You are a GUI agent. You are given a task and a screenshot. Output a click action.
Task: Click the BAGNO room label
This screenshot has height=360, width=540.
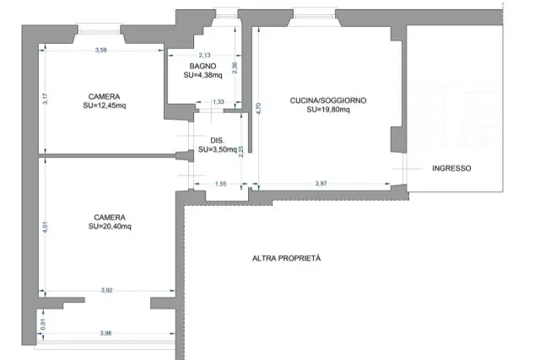click(202, 66)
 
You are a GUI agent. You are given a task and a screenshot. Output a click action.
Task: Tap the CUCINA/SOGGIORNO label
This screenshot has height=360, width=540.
click(328, 100)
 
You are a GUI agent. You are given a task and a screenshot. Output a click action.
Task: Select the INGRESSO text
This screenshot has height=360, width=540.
click(451, 169)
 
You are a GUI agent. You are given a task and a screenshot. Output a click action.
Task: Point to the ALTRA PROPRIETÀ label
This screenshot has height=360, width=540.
click(287, 258)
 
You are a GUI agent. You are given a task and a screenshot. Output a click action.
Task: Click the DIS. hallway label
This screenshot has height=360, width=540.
click(218, 141)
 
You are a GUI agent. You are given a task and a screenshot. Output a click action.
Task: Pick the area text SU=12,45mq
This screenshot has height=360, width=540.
click(105, 105)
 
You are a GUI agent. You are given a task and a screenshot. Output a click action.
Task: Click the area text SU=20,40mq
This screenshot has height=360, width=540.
click(110, 227)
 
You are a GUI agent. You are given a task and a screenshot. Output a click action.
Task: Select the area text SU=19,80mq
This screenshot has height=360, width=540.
click(328, 110)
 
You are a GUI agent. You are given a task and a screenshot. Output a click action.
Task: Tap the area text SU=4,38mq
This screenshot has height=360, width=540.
click(202, 75)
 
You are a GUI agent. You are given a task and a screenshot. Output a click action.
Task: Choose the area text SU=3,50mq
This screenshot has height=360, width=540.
click(218, 149)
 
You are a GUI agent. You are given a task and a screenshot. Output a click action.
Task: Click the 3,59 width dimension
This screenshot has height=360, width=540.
click(101, 51)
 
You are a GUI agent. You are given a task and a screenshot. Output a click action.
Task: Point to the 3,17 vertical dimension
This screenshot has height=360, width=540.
click(46, 99)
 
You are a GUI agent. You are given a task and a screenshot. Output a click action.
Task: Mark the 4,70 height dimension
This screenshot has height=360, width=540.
click(259, 108)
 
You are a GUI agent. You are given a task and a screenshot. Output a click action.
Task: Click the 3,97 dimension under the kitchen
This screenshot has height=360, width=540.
click(321, 184)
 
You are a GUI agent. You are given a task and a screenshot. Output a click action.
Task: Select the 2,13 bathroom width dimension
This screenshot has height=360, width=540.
click(204, 55)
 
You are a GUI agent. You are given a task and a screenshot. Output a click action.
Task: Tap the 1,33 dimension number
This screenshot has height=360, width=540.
click(219, 102)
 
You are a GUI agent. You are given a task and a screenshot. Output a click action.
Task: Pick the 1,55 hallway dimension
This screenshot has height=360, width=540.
click(221, 184)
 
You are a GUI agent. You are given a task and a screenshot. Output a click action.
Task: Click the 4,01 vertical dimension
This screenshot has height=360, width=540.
click(45, 227)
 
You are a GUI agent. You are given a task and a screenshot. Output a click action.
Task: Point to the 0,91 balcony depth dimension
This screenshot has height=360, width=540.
click(43, 325)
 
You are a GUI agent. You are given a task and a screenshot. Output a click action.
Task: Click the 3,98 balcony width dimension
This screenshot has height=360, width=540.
click(105, 333)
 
